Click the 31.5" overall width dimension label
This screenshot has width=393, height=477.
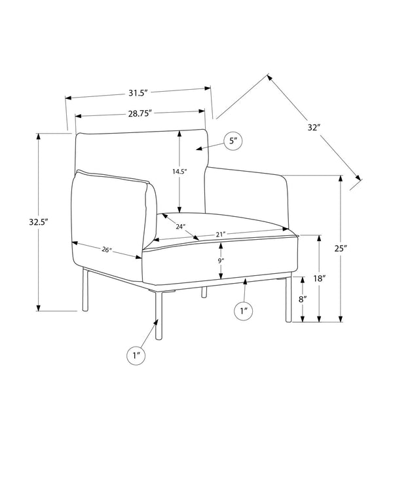coord(138,93)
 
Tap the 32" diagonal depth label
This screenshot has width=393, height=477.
coord(314,128)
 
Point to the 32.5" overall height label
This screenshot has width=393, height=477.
coord(39,221)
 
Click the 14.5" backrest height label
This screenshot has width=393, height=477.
coord(179,171)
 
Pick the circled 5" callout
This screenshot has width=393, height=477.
coord(233,141)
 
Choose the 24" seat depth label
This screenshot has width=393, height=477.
coord(180,226)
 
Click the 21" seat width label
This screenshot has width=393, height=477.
coord(220,235)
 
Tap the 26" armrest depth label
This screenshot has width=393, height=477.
coord(107,250)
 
